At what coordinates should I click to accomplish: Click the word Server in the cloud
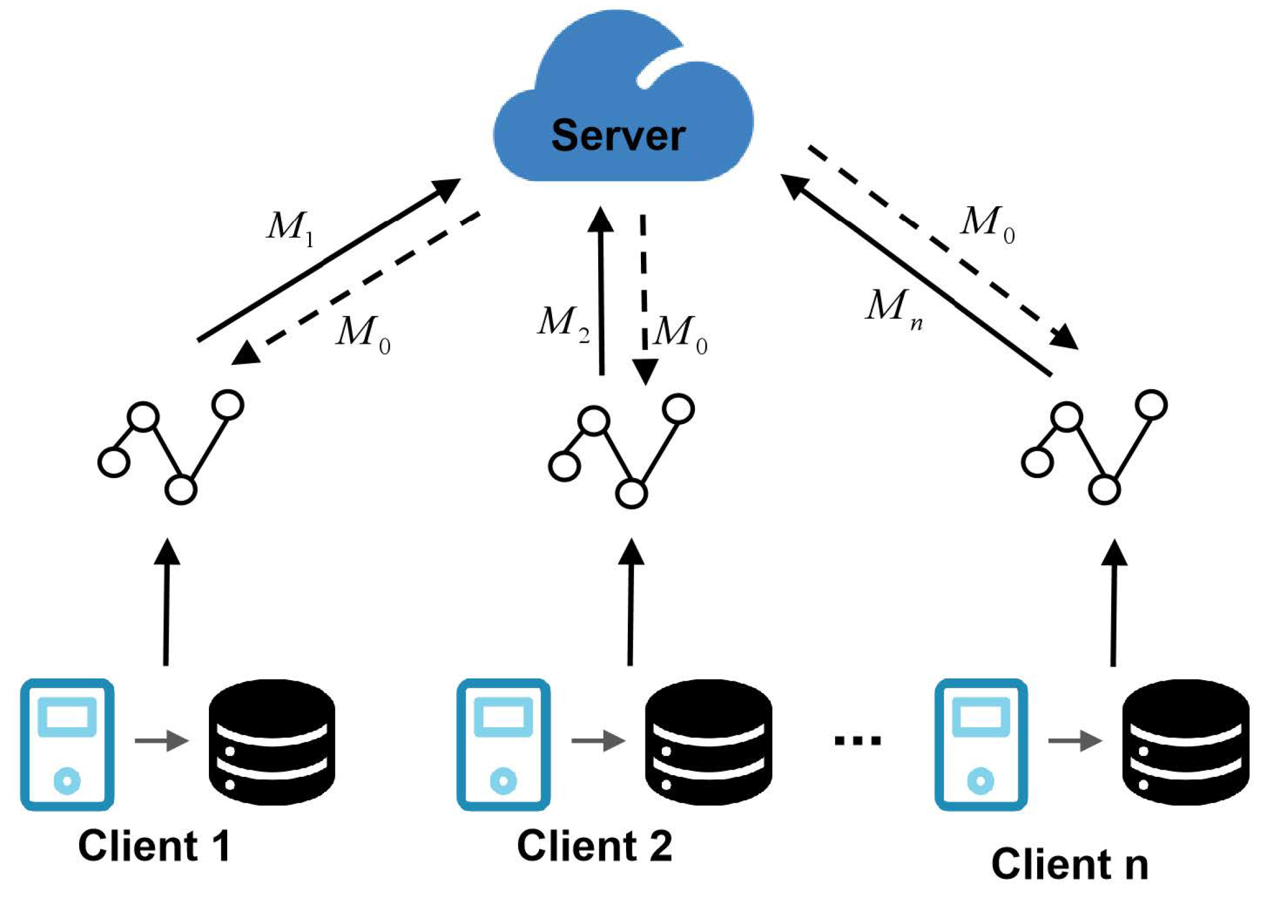[x=618, y=135]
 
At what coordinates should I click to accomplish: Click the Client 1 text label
[x=154, y=846]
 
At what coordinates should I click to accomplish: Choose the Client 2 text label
[x=594, y=846]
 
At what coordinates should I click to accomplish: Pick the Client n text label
[x=1069, y=865]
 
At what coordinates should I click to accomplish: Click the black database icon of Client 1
[x=271, y=742]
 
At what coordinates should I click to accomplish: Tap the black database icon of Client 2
[x=708, y=742]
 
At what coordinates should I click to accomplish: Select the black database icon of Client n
[x=1185, y=742]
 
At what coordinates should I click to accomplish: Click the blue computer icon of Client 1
[x=67, y=744]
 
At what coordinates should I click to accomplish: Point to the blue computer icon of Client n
[x=981, y=744]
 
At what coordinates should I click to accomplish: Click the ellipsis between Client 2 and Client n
[x=857, y=741]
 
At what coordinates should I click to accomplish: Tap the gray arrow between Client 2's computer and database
[x=598, y=741]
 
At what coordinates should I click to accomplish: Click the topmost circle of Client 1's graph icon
[x=228, y=405]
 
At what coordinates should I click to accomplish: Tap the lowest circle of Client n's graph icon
[x=1104, y=489]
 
